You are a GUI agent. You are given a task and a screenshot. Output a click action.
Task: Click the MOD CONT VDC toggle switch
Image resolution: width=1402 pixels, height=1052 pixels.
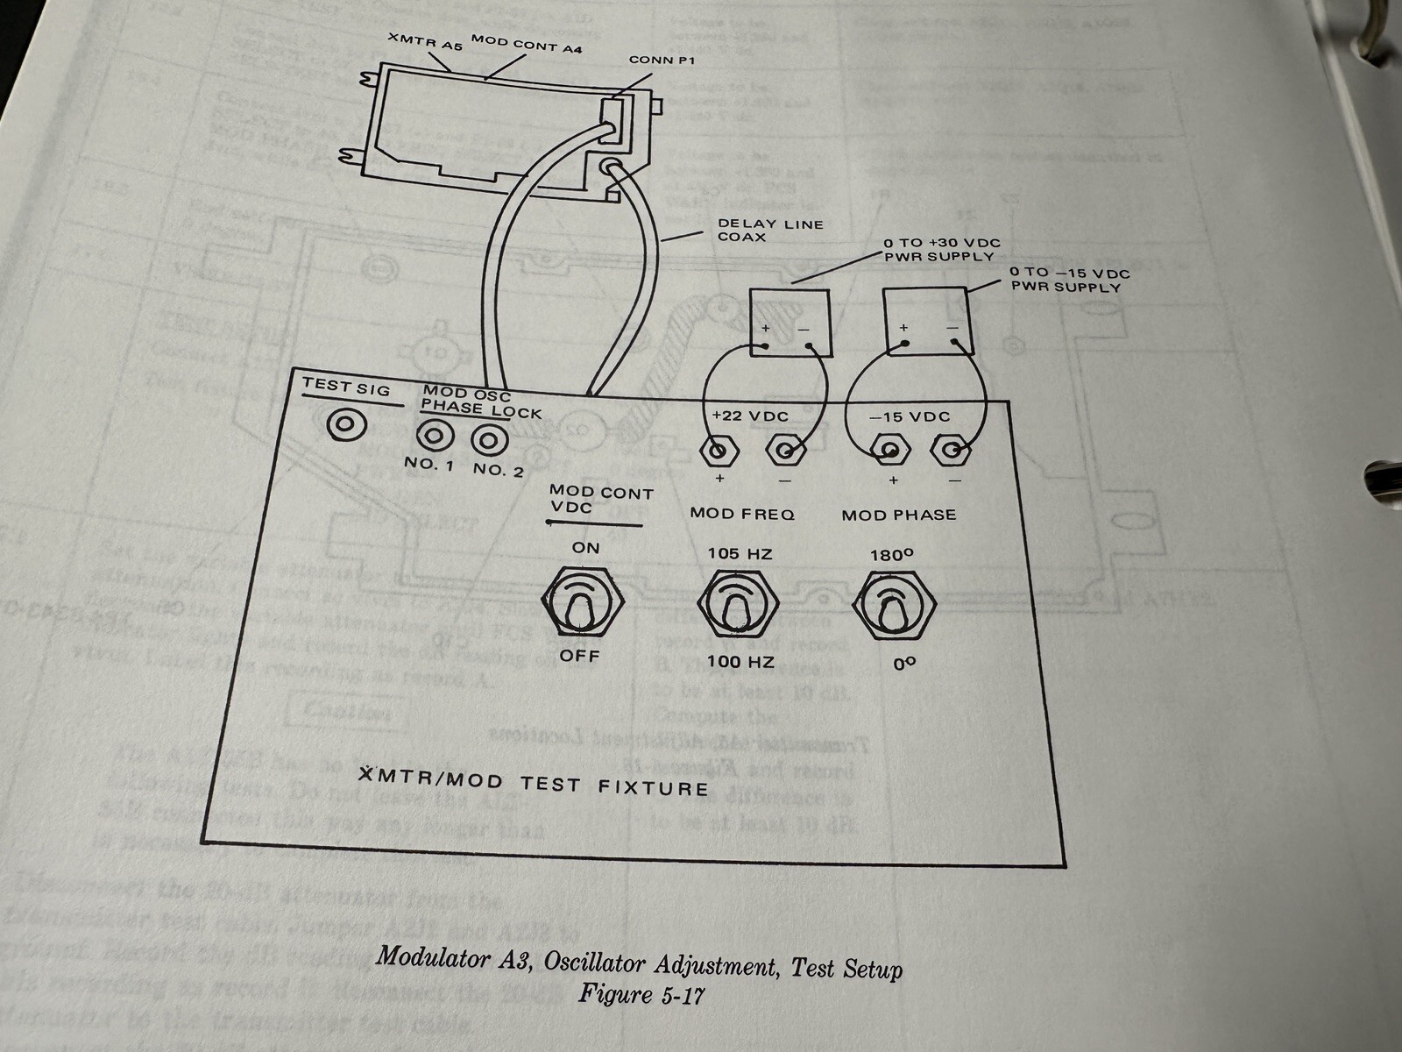click(x=582, y=602)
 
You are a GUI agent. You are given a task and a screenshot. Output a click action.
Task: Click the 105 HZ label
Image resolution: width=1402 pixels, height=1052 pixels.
click(x=741, y=554)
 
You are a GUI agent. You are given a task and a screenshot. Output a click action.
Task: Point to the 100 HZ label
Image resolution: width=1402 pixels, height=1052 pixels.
click(x=741, y=662)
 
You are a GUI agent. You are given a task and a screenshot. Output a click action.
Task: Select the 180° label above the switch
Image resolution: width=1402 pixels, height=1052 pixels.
click(x=893, y=556)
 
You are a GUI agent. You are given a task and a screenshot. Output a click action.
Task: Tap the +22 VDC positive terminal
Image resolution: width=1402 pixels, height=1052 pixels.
click(x=719, y=451)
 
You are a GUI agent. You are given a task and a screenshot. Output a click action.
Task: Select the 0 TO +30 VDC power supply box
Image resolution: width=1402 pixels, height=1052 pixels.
click(x=790, y=321)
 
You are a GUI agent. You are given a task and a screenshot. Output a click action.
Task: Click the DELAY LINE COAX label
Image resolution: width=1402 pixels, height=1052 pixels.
click(x=770, y=230)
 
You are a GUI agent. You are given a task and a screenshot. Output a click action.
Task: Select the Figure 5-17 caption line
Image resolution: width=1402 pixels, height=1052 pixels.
click(x=641, y=995)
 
